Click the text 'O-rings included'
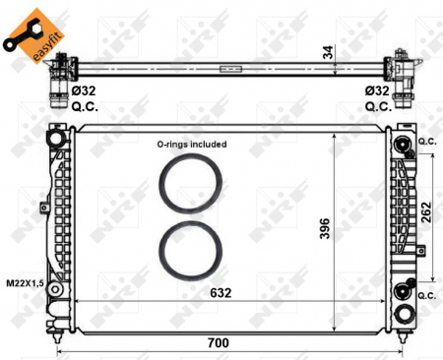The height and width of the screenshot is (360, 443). point(192,144)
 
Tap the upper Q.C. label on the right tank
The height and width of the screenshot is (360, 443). point(426,141)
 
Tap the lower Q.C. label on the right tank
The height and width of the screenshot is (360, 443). point(426,295)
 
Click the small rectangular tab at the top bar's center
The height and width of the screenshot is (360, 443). point(230,68)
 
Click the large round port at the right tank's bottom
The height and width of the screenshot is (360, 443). point(403,315)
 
